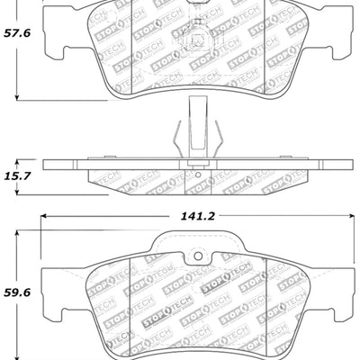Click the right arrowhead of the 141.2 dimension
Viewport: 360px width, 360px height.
(x=343, y=217)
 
